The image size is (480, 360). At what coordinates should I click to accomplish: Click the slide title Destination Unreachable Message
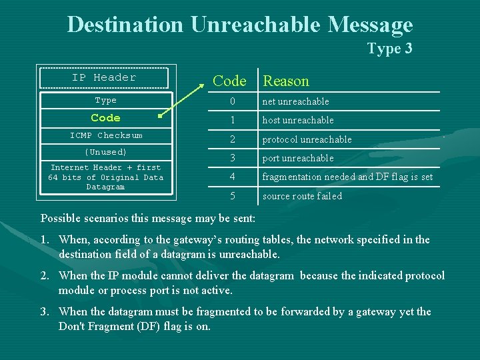(240, 25)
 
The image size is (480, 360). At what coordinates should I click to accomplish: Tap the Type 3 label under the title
(389, 49)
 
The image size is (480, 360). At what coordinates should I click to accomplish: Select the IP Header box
(104, 78)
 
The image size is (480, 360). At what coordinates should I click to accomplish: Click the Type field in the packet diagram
(105, 101)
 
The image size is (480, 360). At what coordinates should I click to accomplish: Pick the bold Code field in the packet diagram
(105, 118)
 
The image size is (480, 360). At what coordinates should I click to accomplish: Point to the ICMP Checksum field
(106, 135)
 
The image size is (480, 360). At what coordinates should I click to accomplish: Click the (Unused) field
(106, 152)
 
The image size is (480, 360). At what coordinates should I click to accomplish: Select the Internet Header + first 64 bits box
(105, 177)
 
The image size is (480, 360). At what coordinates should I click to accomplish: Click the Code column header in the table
(229, 81)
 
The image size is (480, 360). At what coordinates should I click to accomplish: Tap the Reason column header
(285, 81)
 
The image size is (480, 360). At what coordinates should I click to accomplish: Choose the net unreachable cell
(295, 102)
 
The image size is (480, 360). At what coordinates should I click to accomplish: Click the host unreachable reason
(297, 121)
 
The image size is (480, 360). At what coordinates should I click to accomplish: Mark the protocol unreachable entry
(307, 139)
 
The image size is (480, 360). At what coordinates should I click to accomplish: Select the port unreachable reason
(297, 158)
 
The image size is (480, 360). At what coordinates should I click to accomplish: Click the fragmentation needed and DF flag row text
(347, 177)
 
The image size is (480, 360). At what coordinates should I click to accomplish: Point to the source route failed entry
(302, 196)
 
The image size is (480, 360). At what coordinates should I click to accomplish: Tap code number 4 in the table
(233, 177)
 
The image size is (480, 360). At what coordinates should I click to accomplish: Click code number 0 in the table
(233, 102)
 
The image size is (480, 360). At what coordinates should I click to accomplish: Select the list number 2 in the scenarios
(45, 276)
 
